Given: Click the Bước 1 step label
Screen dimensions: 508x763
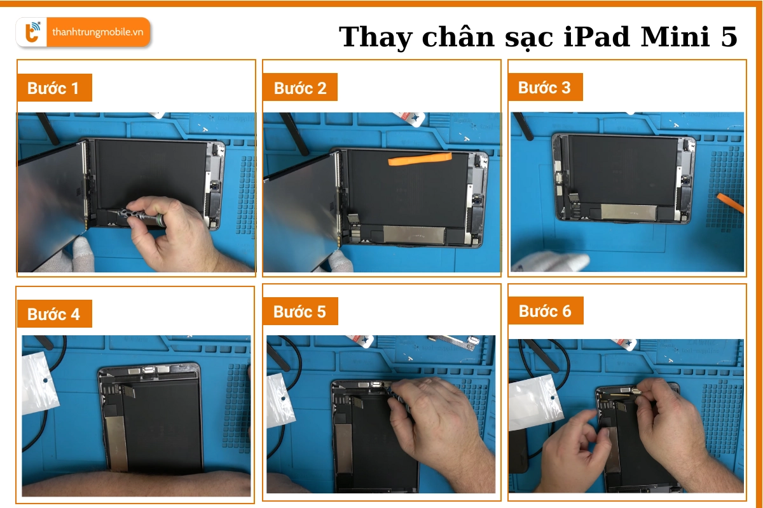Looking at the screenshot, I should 53,88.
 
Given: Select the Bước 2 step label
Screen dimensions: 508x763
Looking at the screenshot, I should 299,88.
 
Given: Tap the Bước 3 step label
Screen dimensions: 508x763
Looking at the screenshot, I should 544,87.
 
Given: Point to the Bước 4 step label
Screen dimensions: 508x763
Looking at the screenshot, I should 53,314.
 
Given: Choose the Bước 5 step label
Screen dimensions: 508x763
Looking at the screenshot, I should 299,311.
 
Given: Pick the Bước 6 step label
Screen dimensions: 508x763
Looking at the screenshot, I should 545,311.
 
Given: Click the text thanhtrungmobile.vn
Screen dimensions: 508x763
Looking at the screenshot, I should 97,32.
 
